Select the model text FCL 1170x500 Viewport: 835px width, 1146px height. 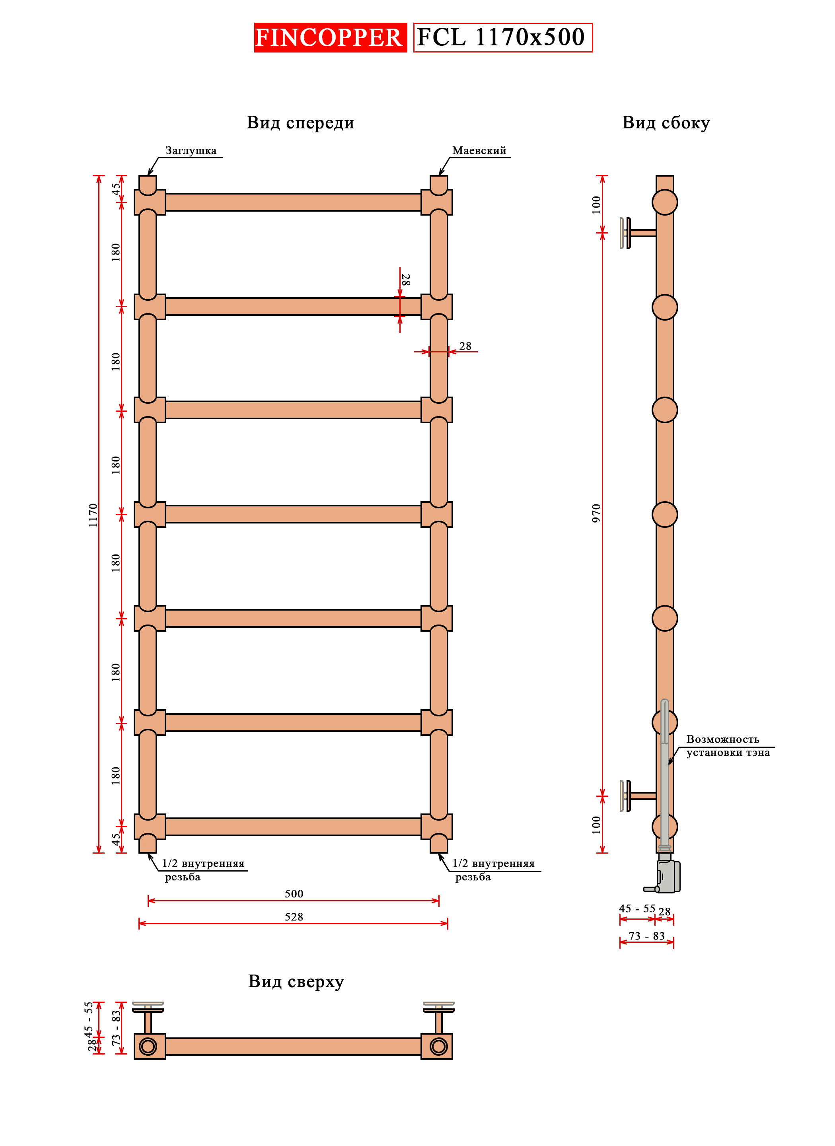502,37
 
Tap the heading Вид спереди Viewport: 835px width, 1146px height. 300,123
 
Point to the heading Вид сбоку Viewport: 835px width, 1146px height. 666,123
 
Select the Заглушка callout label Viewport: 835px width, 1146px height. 191,151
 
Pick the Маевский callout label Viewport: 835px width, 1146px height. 479,151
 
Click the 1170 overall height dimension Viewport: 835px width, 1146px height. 93,515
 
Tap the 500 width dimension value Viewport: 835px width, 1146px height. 294,894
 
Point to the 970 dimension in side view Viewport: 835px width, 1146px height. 596,514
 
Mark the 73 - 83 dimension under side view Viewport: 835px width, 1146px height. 646,936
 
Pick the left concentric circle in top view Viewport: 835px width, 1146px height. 148,1046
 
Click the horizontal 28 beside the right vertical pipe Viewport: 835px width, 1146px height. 465,346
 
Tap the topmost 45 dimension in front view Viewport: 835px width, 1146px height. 116,189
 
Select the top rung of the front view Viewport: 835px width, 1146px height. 293,202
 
